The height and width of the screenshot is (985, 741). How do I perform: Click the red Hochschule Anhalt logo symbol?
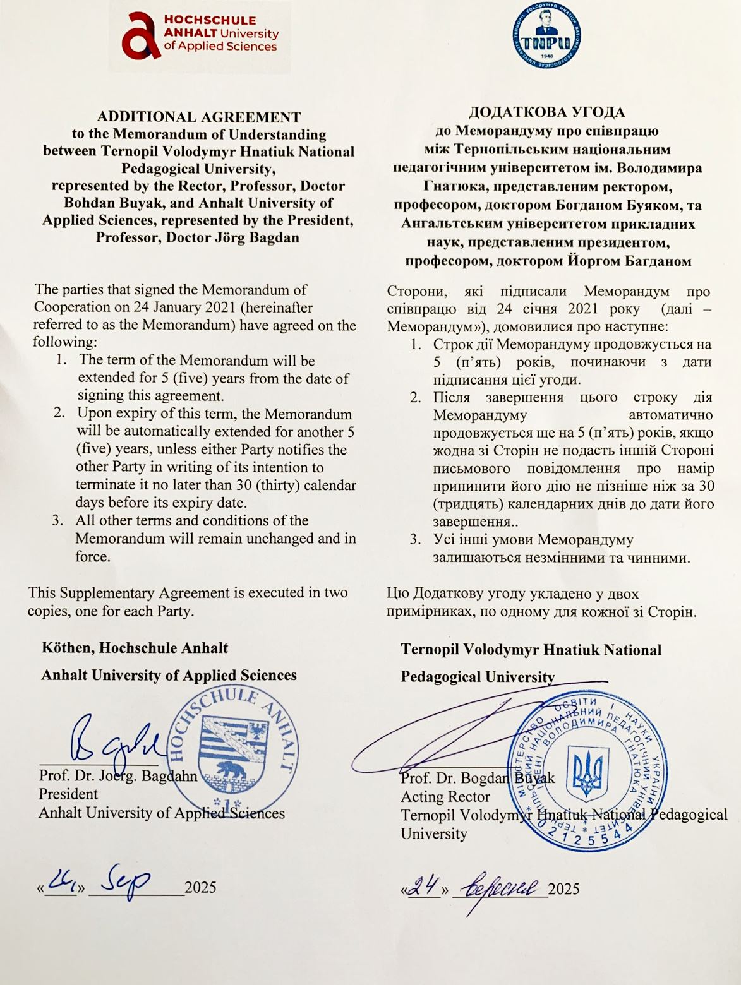pyautogui.click(x=142, y=35)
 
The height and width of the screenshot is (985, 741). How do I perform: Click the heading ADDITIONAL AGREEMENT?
pyautogui.click(x=199, y=117)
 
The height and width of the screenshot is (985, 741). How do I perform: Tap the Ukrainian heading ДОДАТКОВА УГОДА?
pyautogui.click(x=546, y=112)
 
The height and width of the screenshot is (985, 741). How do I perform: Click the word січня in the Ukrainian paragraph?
pyautogui.click(x=539, y=309)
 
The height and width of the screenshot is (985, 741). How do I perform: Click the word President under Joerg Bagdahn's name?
pyautogui.click(x=68, y=794)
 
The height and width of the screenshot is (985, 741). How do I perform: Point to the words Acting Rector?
pyautogui.click(x=445, y=797)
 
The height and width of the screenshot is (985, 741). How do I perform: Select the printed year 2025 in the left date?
pyautogui.click(x=200, y=887)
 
